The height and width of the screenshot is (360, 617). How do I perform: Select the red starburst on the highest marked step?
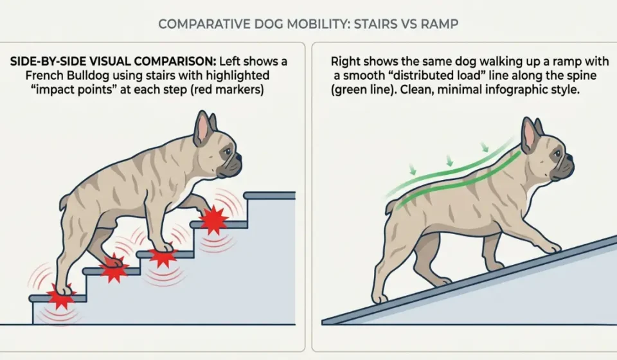coord(213,221)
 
